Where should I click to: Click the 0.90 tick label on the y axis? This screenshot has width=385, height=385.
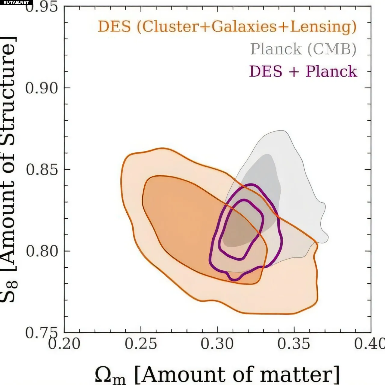pyautogui.click(x=41, y=88)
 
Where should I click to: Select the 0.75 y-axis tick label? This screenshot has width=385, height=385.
pyautogui.click(x=42, y=333)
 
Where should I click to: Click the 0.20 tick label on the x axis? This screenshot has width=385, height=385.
pyautogui.click(x=64, y=344)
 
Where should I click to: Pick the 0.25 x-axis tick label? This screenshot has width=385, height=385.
pyautogui.click(x=141, y=344)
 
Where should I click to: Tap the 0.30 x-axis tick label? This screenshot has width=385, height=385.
pyautogui.click(x=217, y=344)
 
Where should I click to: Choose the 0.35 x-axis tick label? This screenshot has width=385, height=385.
pyautogui.click(x=294, y=344)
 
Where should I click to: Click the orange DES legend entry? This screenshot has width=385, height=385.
pyautogui.click(x=227, y=26)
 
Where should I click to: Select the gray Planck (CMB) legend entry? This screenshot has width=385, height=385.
pyautogui.click(x=303, y=49)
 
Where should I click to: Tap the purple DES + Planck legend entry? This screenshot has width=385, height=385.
pyautogui.click(x=303, y=71)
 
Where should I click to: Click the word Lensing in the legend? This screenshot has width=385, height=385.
pyautogui.click(x=323, y=26)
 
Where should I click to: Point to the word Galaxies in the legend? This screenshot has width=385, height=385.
pyautogui.click(x=244, y=26)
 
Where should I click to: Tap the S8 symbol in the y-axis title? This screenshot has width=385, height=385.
pyautogui.click(x=9, y=291)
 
